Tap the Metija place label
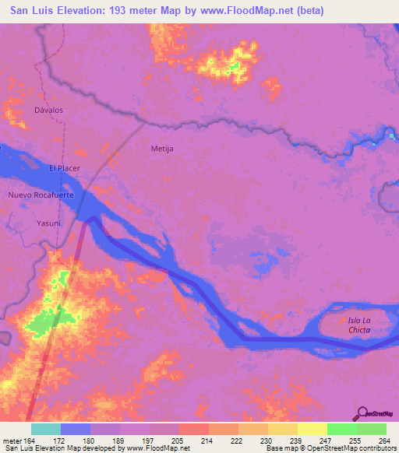(x=161, y=147)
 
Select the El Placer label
(x=65, y=168)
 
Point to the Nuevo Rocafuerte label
(x=41, y=195)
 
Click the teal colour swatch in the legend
(x=46, y=429)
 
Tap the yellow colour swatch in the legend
(x=312, y=429)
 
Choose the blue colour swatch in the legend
(x=76, y=429)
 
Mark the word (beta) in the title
(x=308, y=12)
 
